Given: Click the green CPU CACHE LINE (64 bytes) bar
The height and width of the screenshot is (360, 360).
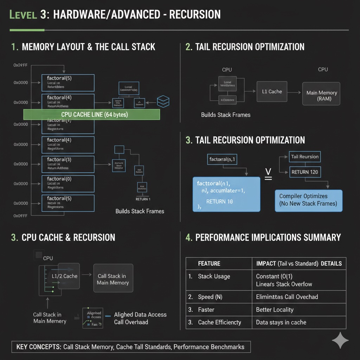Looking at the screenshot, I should [91, 115].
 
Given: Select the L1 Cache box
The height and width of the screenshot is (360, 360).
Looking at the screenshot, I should [272, 92].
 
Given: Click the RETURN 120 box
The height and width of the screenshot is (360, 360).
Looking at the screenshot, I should [305, 172].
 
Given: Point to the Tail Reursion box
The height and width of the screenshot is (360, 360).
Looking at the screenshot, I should [305, 157].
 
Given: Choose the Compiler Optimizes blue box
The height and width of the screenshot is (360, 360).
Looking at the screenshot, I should [308, 200].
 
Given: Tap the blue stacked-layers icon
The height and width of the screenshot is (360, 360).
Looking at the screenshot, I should [163, 101].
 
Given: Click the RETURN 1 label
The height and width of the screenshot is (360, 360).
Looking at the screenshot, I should [143, 199].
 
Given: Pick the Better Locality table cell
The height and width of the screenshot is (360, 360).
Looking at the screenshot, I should [275, 310].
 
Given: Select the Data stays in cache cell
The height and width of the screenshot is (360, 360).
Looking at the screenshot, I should [281, 322].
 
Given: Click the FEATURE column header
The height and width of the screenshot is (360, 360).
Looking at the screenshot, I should [209, 263].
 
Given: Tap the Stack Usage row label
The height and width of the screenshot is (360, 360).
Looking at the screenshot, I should [214, 276].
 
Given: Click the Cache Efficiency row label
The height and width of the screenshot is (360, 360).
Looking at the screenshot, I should [219, 322].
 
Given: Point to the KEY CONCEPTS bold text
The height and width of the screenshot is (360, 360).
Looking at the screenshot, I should [39, 347].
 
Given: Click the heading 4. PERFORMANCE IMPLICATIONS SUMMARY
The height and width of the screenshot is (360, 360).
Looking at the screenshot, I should [263, 238].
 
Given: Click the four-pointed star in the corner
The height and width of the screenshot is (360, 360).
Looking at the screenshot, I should [340, 340].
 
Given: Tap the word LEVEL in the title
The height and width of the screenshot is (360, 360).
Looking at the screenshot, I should [24, 15].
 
